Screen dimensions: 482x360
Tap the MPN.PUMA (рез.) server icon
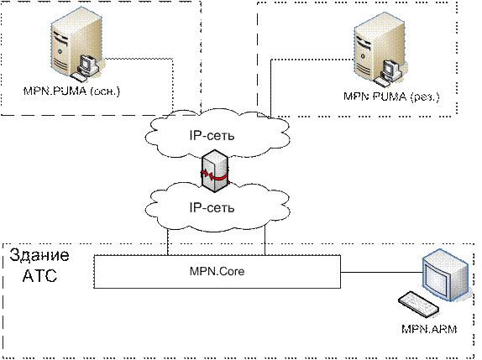380,50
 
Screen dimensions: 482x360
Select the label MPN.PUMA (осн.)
71,91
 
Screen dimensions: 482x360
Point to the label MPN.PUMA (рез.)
391,97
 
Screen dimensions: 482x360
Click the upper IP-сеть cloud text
212,135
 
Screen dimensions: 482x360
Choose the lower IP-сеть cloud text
212,207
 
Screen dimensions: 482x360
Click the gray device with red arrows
215,171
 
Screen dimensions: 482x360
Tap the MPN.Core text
217,271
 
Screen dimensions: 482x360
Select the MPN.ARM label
429,329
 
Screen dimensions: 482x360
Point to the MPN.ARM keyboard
418,304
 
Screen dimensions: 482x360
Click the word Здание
39,255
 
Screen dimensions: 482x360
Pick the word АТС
39,276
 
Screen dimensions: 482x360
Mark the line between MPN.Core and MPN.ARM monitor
381,272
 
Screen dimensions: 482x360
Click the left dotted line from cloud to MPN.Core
168,242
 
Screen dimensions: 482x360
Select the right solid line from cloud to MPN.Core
265,241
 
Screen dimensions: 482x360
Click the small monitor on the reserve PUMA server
390,70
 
